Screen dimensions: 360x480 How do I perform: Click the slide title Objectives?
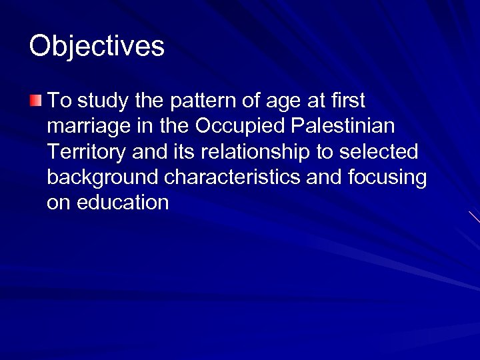point(97,47)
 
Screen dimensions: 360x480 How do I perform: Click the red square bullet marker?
point(35,101)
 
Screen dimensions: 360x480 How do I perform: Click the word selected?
point(379,152)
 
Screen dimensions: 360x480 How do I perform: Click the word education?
point(124,203)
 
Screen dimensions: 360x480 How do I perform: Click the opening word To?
point(59,101)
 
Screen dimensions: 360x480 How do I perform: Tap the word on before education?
point(58,203)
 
